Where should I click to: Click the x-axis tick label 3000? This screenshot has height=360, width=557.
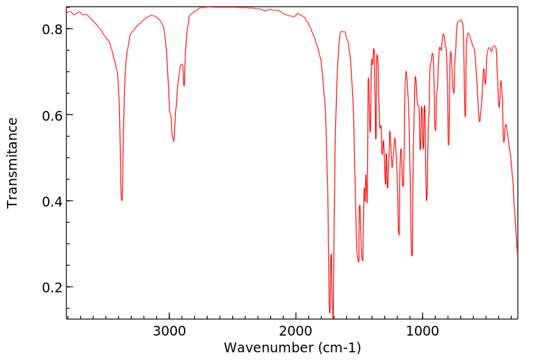(x=169, y=331)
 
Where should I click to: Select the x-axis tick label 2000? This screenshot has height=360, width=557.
(x=296, y=331)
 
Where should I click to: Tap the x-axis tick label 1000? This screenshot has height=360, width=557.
(x=422, y=331)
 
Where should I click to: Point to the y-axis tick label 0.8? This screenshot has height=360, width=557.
(x=52, y=29)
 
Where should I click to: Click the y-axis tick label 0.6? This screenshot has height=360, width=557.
(x=52, y=115)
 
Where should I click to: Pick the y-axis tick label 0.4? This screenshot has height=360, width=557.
(x=52, y=202)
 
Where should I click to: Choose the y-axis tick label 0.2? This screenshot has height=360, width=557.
(x=52, y=287)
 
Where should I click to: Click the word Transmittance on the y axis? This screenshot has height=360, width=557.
(x=13, y=163)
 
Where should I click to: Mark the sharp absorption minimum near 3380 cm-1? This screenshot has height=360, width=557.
(x=122, y=200)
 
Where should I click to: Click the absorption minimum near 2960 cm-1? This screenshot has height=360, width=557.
(x=174, y=141)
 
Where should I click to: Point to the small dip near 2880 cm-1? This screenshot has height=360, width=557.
(x=184, y=85)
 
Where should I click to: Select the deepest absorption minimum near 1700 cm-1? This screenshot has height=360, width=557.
(x=333, y=318)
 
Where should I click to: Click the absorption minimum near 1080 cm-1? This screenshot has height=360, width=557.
(x=412, y=256)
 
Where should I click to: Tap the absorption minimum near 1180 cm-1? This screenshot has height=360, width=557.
(x=399, y=234)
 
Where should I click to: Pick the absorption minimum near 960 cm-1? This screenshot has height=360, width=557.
(x=427, y=200)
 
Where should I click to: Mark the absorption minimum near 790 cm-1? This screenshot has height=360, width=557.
(x=449, y=145)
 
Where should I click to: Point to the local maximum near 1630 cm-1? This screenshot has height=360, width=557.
(x=342, y=31)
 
